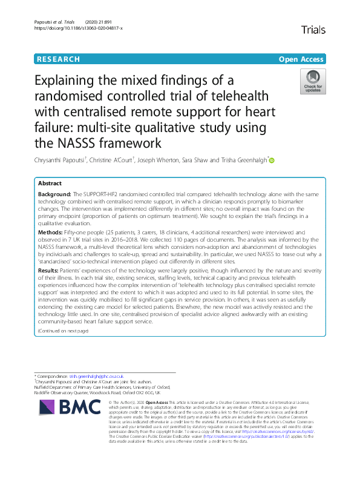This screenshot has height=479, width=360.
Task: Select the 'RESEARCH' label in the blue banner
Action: (x=59, y=59)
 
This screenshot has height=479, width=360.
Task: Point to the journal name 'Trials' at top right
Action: (x=313, y=28)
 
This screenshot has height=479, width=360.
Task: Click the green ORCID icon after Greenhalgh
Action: (x=272, y=160)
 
